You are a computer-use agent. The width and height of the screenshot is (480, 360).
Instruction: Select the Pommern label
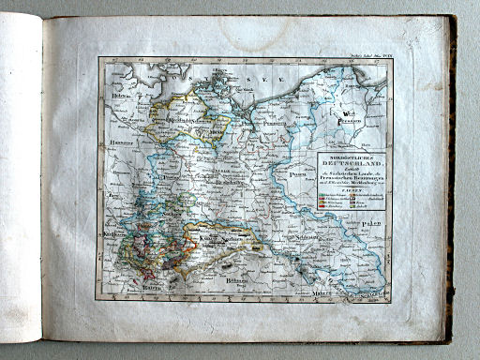(x=273, y=122)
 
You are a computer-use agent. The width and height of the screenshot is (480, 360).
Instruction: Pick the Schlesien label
(x=281, y=240)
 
